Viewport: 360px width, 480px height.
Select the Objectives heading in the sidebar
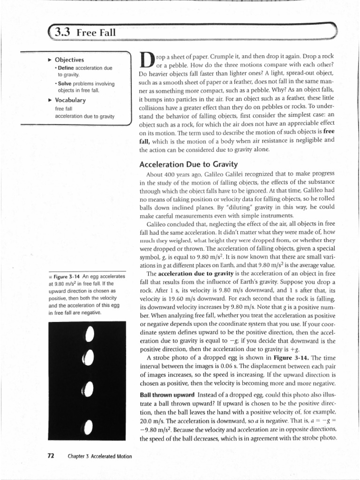point(69,60)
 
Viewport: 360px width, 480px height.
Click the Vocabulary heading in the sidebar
point(70,100)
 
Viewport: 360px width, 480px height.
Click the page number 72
point(52,456)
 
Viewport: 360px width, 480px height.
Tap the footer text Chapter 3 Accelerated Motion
point(99,456)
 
